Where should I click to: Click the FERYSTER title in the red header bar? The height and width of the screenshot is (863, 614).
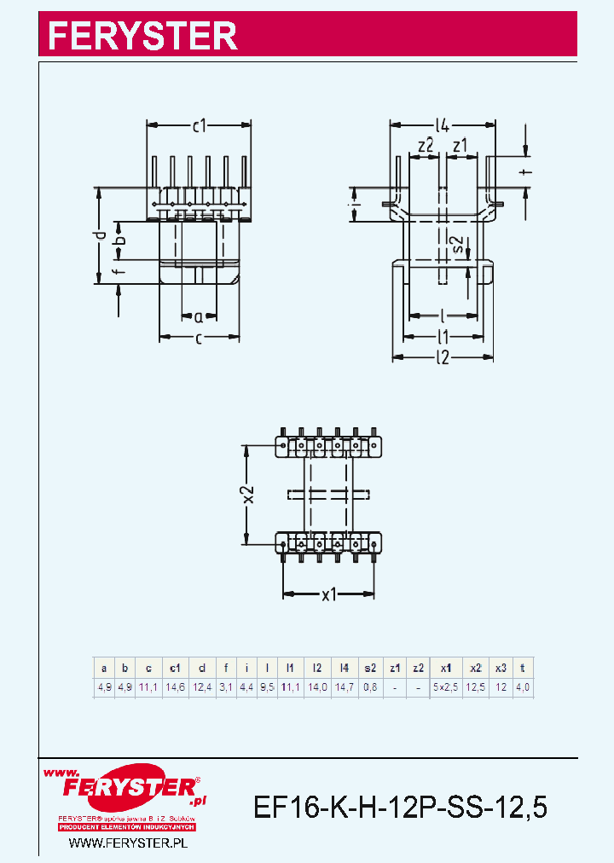point(142,35)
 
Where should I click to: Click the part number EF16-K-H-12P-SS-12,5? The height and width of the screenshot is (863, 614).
point(400,806)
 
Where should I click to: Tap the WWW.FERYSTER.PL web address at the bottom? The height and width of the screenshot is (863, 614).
point(127,843)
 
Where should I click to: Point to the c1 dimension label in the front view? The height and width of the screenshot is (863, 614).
point(200,127)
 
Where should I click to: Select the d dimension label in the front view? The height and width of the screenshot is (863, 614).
point(100,235)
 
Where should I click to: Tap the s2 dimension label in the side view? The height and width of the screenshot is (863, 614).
point(459,245)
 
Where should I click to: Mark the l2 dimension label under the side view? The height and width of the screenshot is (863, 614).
point(442,358)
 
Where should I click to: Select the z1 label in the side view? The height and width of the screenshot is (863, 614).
point(460,146)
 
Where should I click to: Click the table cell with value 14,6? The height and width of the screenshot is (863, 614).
point(175,686)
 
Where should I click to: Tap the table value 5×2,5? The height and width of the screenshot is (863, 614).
point(444,686)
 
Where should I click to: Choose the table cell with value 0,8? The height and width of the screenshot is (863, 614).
point(370,686)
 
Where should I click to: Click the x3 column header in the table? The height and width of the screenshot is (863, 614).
point(501,669)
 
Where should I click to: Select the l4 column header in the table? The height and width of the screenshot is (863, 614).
point(344,669)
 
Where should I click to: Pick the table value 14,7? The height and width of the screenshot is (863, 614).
point(344,686)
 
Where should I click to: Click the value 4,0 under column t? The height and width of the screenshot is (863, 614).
point(522,686)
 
